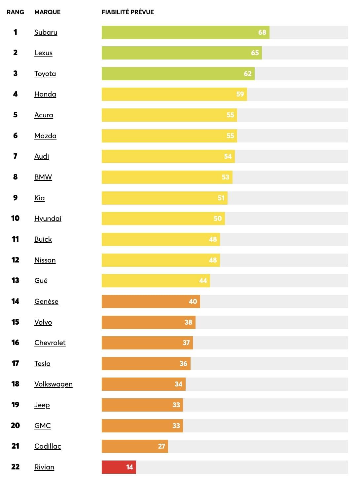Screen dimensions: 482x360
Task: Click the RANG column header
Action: click(x=15, y=12)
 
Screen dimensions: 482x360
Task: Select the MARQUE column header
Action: click(x=47, y=12)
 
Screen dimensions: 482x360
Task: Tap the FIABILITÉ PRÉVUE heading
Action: click(x=127, y=12)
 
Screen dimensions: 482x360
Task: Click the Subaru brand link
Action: click(x=46, y=32)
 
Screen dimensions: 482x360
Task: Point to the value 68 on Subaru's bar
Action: click(x=262, y=32)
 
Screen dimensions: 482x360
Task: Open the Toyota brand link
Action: click(x=45, y=74)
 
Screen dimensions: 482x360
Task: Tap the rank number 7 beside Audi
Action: click(x=15, y=156)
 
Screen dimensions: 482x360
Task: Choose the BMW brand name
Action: click(x=43, y=177)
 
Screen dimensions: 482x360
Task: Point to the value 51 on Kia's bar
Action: click(x=221, y=198)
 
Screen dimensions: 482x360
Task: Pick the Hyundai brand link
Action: click(x=48, y=219)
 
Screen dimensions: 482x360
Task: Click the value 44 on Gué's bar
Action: click(x=203, y=281)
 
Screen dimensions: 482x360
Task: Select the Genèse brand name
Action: click(x=46, y=301)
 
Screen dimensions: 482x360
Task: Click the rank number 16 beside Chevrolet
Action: click(x=15, y=342)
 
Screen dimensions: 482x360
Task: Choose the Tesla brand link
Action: click(x=42, y=364)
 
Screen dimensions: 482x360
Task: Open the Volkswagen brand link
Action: click(x=53, y=384)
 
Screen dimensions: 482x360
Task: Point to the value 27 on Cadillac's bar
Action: click(x=161, y=446)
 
